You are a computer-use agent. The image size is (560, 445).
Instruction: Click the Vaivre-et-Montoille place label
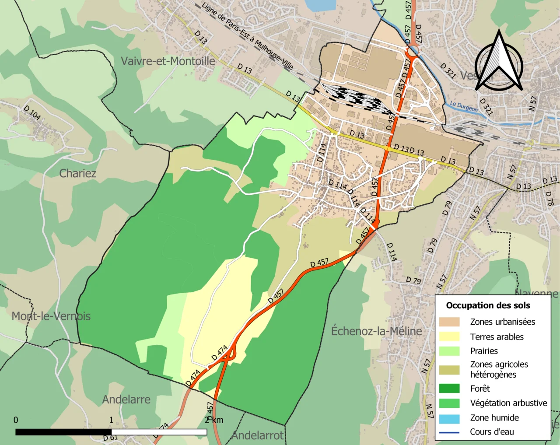[168, 61]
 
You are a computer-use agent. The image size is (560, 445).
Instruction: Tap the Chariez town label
[77, 173]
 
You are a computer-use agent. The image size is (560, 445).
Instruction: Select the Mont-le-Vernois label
[51, 316]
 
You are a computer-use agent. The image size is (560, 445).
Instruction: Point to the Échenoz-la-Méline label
[376, 331]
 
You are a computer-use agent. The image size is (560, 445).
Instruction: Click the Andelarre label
[126, 399]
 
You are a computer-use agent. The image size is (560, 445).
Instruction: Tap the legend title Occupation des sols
[488, 305]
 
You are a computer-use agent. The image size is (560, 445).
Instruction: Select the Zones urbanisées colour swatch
[449, 322]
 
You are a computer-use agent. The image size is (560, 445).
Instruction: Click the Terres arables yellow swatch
[449, 336]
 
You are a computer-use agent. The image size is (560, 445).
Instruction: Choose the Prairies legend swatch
[449, 351]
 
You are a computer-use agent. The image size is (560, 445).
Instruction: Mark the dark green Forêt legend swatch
[449, 389]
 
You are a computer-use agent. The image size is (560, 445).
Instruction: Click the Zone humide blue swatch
[449, 418]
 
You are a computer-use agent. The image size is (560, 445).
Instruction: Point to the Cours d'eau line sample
[449, 432]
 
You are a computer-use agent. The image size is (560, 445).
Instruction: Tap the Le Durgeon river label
[464, 106]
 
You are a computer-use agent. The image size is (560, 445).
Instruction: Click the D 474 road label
[219, 353]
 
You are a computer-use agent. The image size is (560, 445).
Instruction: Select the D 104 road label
[32, 112]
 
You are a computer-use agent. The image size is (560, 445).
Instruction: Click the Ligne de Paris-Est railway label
[247, 36]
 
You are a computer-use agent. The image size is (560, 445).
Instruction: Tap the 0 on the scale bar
[16, 420]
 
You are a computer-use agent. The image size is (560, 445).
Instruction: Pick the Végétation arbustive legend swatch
[449, 403]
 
